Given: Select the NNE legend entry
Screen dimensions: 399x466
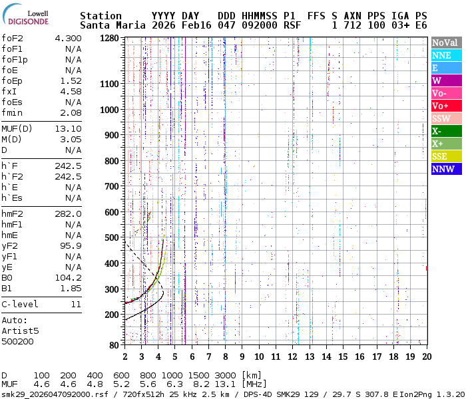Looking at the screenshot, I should [x=445, y=55].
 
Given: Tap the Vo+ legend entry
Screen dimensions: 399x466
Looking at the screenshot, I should [x=445, y=106].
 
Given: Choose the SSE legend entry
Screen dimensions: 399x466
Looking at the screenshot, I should [x=445, y=156].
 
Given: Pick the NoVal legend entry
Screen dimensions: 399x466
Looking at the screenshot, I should [x=445, y=43].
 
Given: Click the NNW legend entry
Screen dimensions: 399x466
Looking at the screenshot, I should [x=445, y=169].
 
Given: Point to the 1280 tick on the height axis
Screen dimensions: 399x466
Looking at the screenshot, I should [x=110, y=38].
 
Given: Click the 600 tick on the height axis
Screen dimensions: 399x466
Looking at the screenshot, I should [x=113, y=212].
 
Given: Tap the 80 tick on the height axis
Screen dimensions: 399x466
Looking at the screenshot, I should [x=115, y=344].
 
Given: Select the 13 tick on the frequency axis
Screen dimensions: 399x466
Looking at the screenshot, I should [x=310, y=356].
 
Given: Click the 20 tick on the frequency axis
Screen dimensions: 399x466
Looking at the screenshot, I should [x=426, y=356].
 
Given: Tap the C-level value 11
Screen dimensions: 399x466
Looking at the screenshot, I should [x=76, y=305].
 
